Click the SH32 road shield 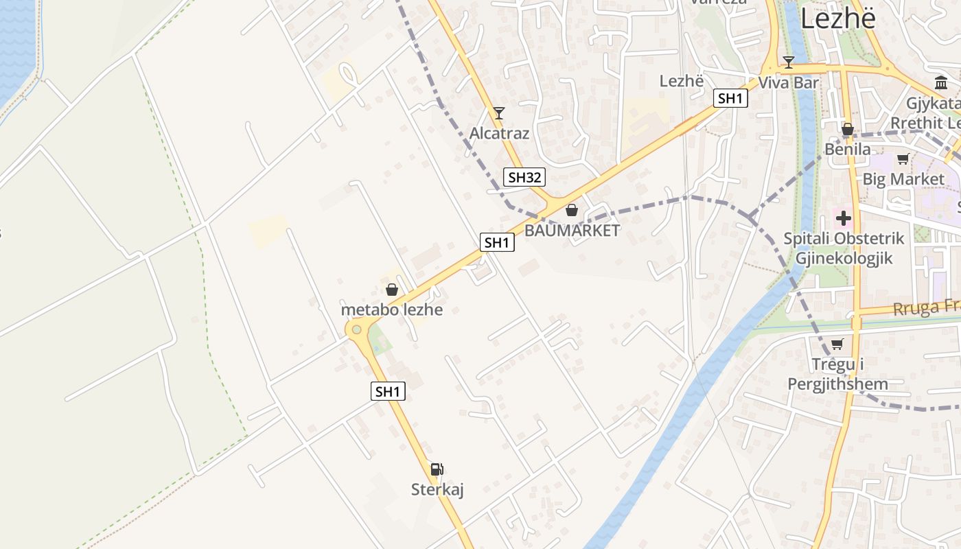524,177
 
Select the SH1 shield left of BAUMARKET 497,242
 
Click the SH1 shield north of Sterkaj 388,391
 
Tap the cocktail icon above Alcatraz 499,113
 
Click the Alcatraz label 499,133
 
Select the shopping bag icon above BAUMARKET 571,210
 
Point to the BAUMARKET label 572,231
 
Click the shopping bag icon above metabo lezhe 392,290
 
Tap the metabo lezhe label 392,309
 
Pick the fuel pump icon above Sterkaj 437,469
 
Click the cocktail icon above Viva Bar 789,62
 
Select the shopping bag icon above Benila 848,129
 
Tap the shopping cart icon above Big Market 903,159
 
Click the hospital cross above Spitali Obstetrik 844,219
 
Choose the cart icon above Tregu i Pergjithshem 837,344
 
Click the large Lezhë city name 838,19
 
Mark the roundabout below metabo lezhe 356,330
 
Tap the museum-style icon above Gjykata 941,83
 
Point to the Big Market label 903,179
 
